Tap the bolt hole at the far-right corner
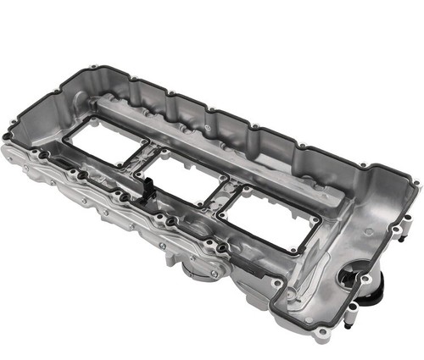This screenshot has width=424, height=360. point(415,182)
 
